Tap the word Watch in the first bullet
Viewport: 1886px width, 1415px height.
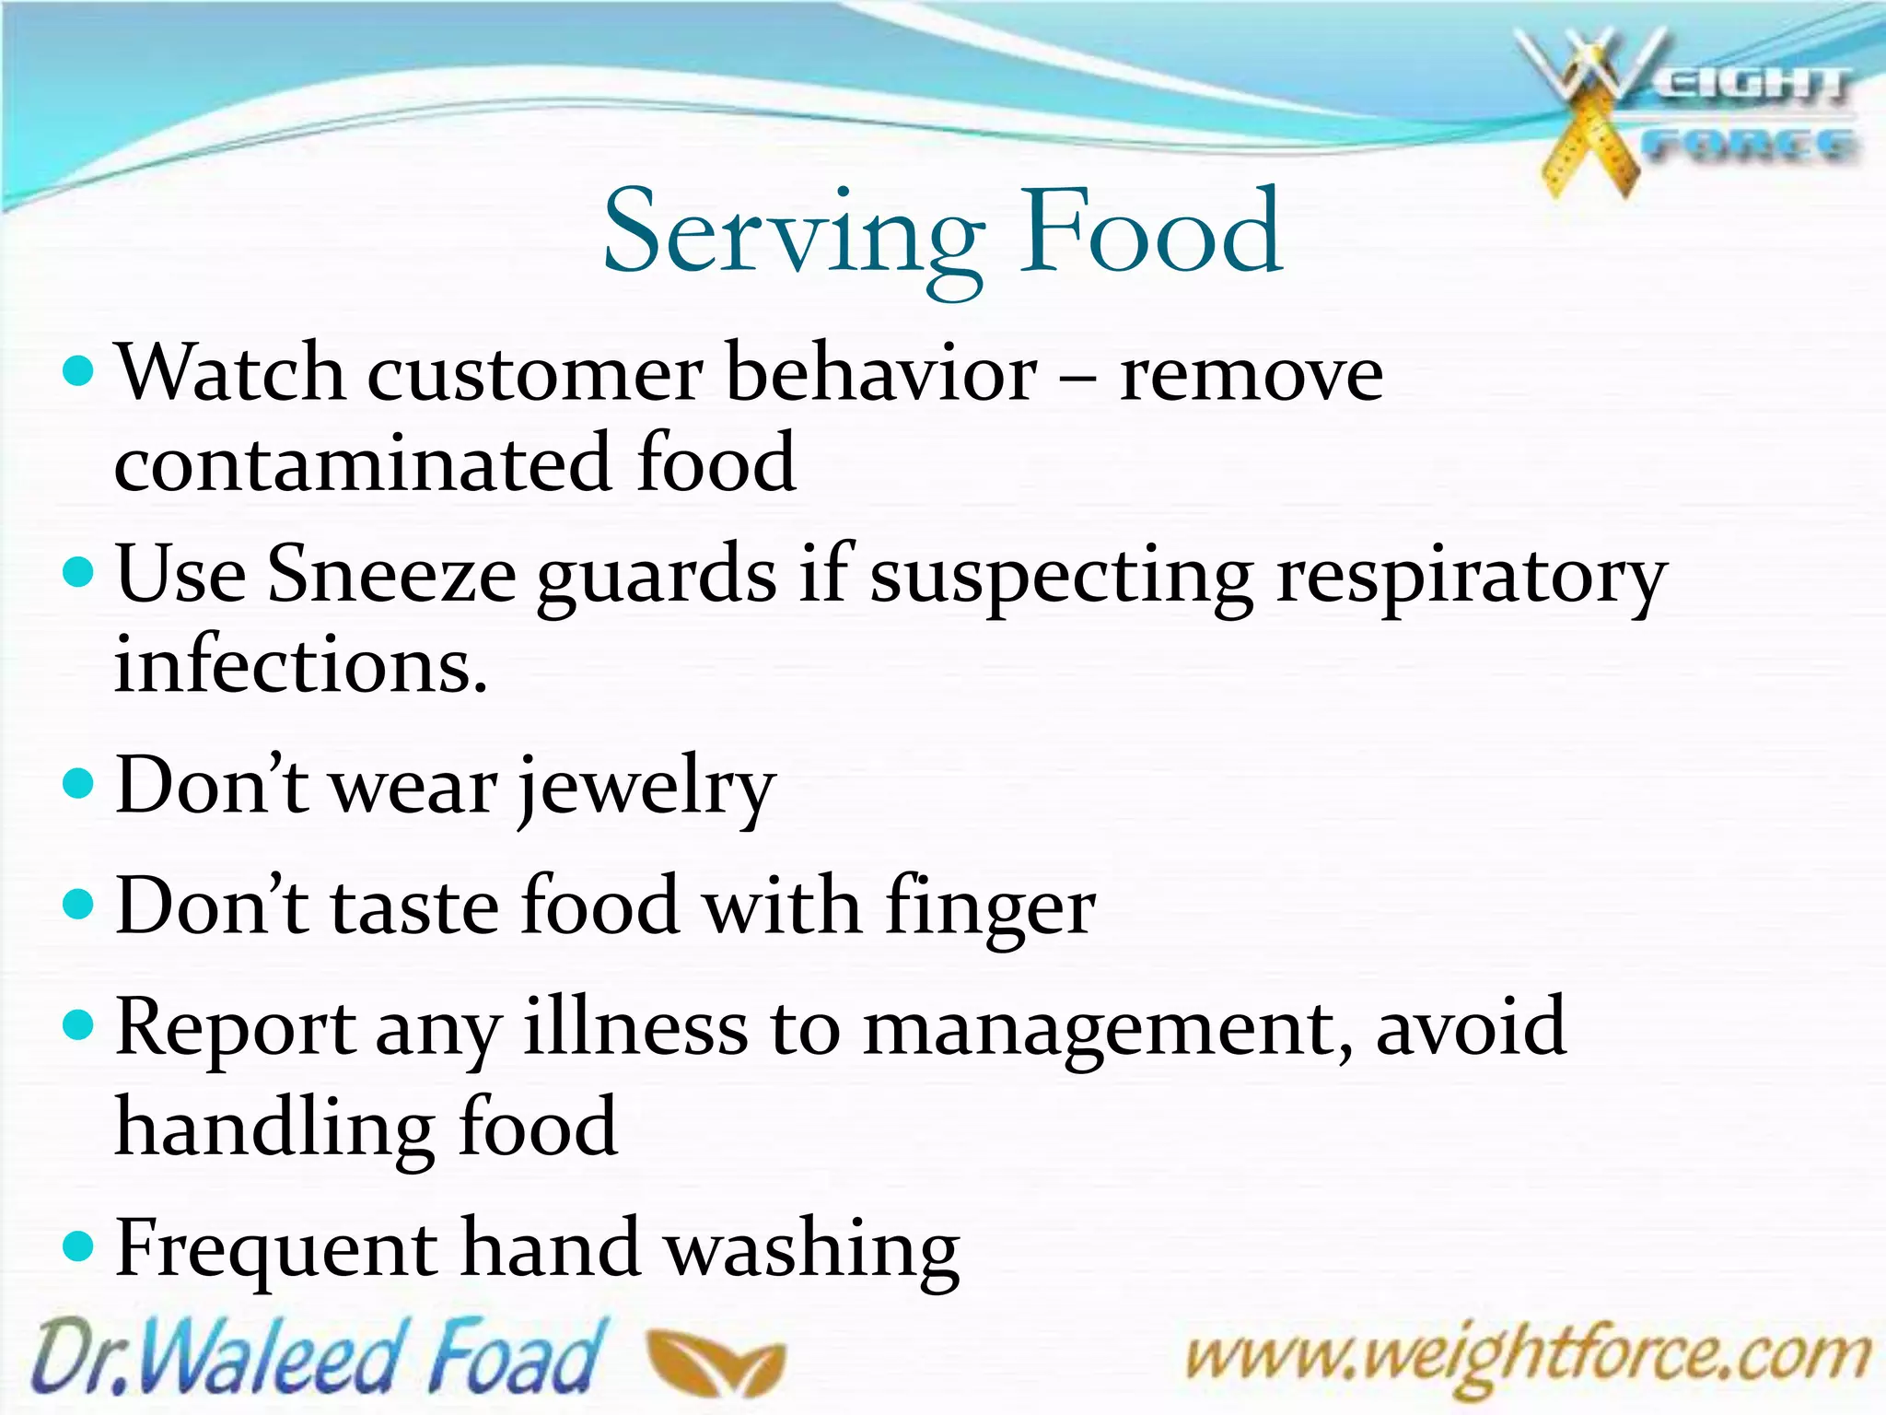click(x=230, y=372)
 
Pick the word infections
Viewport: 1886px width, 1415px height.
click(x=299, y=665)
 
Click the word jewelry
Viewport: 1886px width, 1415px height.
click(x=646, y=789)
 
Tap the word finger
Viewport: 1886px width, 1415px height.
click(x=991, y=908)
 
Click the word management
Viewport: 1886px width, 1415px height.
click(x=1108, y=1030)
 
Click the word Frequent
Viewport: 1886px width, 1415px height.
click(x=276, y=1249)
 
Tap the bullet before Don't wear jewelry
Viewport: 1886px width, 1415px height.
click(x=79, y=785)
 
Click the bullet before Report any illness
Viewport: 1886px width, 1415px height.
click(x=79, y=1024)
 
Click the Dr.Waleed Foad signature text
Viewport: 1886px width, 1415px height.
click(x=318, y=1356)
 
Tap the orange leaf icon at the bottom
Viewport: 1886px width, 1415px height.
click(x=716, y=1362)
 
